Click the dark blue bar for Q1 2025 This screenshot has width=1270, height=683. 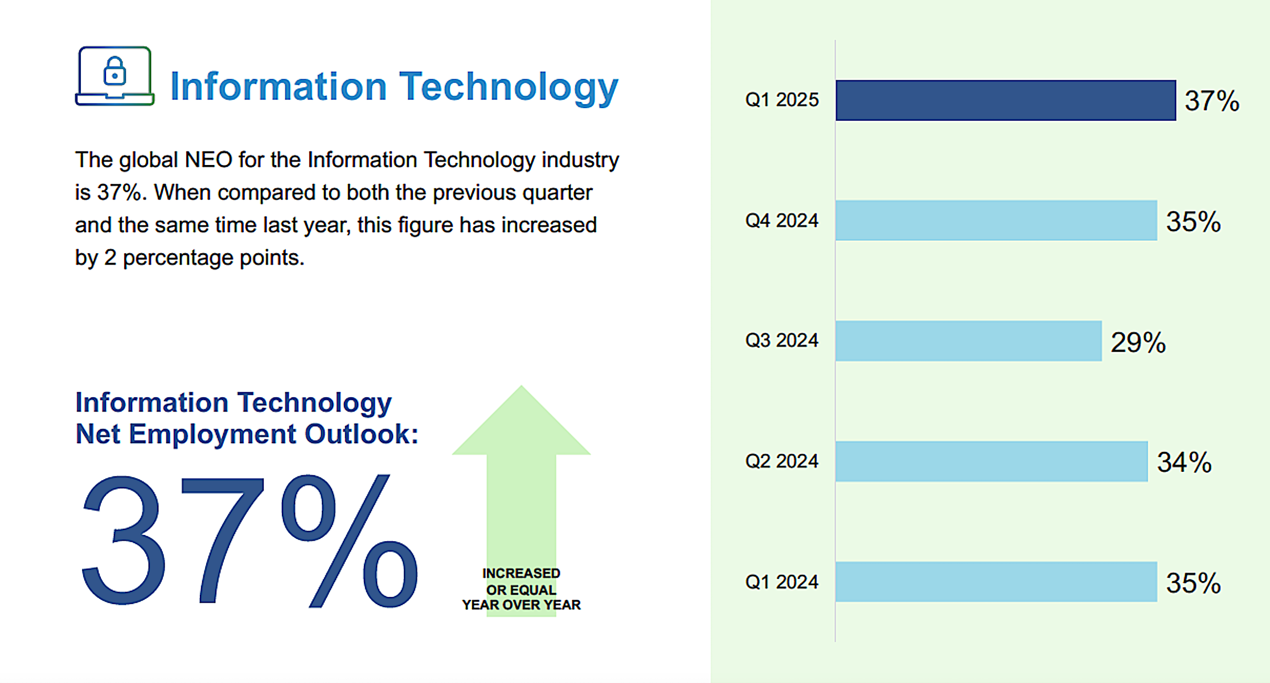pyautogui.click(x=1005, y=100)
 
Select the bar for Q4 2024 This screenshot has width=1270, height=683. pyautogui.click(x=995, y=220)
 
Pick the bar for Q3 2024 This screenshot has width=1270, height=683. pyautogui.click(x=968, y=340)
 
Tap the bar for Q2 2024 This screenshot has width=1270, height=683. pyautogui.click(x=991, y=461)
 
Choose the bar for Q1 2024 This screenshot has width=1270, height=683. pyautogui.click(x=995, y=582)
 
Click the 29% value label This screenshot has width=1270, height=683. pyautogui.click(x=1138, y=342)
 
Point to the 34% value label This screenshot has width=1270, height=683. pyautogui.click(x=1184, y=462)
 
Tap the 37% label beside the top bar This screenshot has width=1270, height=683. pyautogui.click(x=1212, y=101)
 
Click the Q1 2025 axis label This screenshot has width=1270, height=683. pyautogui.click(x=781, y=100)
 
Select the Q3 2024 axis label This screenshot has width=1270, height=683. pyautogui.click(x=781, y=340)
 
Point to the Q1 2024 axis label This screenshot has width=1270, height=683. pyautogui.click(x=781, y=582)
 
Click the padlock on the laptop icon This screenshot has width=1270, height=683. pyautogui.click(x=114, y=71)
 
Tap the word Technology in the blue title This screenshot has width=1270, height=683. pyautogui.click(x=508, y=87)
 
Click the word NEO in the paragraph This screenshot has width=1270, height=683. pyautogui.click(x=208, y=160)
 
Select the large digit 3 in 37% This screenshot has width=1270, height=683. pyautogui.click(x=124, y=540)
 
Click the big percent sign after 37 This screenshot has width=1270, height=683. pyautogui.click(x=349, y=541)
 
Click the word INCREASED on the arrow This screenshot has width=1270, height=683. pyautogui.click(x=521, y=573)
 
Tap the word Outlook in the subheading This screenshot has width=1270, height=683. pyautogui.click(x=361, y=434)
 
